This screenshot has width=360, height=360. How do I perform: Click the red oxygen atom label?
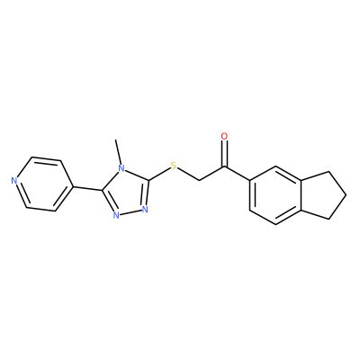tap(224, 136)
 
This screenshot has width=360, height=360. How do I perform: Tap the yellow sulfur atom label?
tap(173, 166)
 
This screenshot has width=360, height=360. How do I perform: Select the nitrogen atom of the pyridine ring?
tap(13, 181)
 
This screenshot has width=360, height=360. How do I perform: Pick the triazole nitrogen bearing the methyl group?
tap(121, 168)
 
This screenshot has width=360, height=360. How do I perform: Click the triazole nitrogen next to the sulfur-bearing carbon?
tap(145, 209)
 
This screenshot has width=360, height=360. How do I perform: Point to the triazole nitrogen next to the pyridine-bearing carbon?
tap(116, 215)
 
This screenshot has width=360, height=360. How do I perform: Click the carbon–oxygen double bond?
tap(224, 154)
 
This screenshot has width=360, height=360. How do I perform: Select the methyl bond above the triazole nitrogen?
tap(118, 152)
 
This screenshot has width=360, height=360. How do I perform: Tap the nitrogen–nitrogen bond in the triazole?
tap(130, 212)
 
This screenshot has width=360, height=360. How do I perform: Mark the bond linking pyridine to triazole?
tap(86, 188)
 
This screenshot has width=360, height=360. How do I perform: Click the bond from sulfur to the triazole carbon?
tap(159, 174)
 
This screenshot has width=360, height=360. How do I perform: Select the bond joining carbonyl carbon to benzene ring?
tap(237, 174)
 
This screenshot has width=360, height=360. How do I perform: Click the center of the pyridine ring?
tap(43, 184)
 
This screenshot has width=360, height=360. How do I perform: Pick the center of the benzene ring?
tap(275, 195)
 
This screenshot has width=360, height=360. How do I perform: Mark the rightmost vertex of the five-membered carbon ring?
tap(346, 195)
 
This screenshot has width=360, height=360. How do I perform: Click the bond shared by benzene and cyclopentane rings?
tap(301, 195)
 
